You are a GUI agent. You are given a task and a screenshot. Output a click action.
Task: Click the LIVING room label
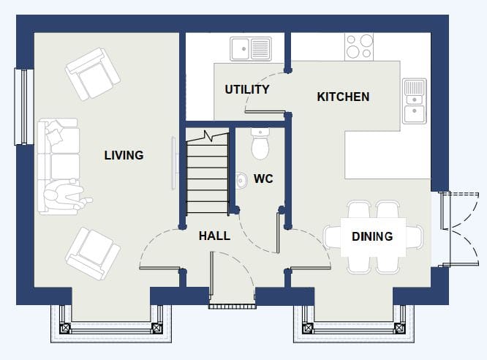coord(124,155)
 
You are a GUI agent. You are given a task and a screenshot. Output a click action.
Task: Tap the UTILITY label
coord(247,89)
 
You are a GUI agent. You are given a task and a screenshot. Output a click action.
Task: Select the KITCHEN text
coord(343,97)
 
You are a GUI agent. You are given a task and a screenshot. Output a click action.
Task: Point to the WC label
coord(263,179)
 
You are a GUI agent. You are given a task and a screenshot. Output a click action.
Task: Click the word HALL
coord(214,236)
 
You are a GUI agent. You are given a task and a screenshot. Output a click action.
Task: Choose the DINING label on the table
coord(372,236)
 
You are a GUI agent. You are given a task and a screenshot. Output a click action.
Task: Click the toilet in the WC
coord(260,144)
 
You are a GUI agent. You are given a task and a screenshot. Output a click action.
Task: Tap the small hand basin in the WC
coord(241,180)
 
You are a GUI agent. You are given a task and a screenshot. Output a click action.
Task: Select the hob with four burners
coord(359,47)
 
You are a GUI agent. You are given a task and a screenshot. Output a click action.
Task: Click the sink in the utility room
coord(251,49)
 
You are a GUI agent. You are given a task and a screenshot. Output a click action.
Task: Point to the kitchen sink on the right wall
coord(415,101)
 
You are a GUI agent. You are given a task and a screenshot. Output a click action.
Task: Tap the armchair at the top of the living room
coord(93,74)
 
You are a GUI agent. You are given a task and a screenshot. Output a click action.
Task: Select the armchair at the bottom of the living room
coord(93,253)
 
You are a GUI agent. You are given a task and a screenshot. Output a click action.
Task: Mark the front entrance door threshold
coord(233,307)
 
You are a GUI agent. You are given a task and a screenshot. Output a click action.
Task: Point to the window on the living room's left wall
coord(23,107)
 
